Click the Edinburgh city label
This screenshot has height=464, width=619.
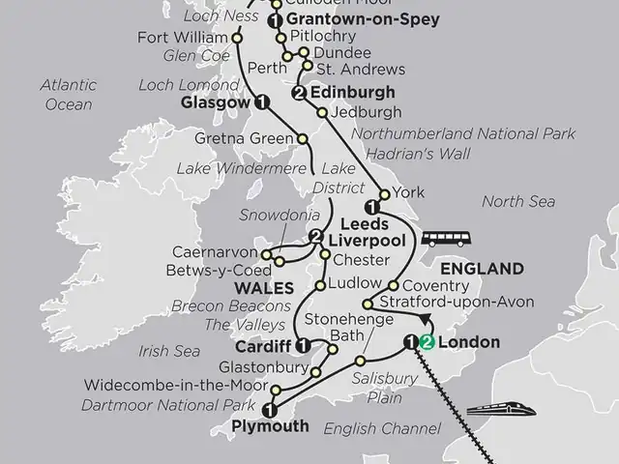(353, 93)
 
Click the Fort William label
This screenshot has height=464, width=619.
(192, 38)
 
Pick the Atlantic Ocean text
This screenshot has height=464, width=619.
(68, 94)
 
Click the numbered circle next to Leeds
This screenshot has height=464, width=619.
(369, 207)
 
